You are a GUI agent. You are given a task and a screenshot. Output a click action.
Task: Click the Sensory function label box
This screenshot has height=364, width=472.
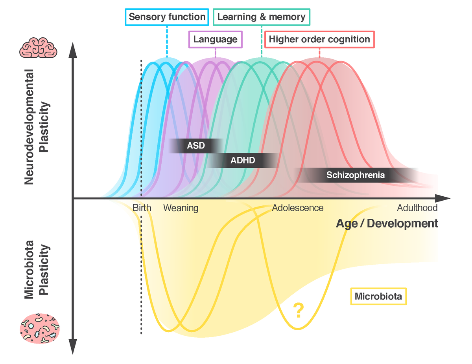[167, 17]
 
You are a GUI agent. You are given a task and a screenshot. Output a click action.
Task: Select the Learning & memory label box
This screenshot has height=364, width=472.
[261, 17]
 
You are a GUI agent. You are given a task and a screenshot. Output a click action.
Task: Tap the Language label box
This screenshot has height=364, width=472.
[215, 39]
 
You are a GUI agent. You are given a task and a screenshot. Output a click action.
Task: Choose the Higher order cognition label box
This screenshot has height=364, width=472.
[319, 39]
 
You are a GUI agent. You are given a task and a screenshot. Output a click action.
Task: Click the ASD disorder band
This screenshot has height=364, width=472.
[195, 146]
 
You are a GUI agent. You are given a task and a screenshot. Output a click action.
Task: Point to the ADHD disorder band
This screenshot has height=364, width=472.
[243, 160]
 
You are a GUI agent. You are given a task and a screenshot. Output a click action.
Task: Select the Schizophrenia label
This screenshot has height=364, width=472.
[355, 175]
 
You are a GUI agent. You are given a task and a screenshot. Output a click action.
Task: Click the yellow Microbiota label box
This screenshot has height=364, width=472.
[378, 296]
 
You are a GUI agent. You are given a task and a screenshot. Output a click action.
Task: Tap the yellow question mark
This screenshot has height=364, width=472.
[298, 311]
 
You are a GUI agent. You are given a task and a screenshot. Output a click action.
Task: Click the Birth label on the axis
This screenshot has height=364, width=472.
[142, 208]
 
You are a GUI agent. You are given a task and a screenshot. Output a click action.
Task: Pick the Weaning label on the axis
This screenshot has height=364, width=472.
[181, 208]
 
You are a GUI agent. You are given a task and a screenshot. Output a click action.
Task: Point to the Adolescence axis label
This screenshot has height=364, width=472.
[297, 208]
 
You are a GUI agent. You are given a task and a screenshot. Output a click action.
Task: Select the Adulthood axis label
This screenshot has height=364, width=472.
[417, 208]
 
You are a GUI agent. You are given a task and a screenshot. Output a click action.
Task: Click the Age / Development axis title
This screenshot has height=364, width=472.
[387, 223]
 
